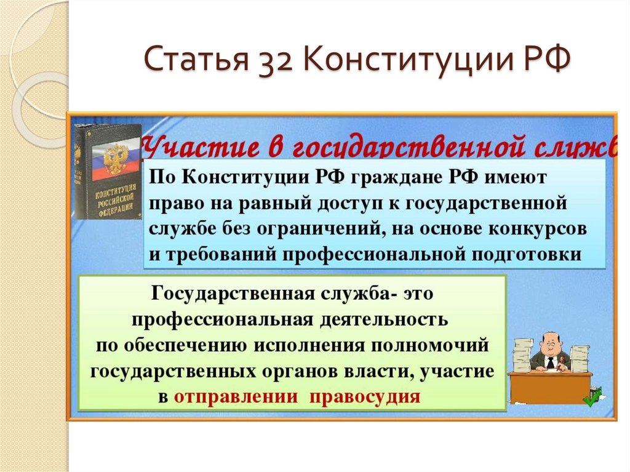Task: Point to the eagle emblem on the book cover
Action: [115, 157]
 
